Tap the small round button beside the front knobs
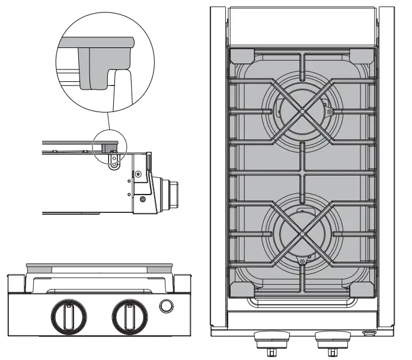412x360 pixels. click(x=167, y=306)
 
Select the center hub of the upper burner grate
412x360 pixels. click(x=302, y=110)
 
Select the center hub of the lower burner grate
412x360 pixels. click(x=302, y=234)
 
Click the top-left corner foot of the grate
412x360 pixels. click(x=240, y=56)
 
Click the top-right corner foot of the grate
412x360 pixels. click(x=363, y=56)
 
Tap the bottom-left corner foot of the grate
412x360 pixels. click(x=240, y=289)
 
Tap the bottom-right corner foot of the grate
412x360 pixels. click(x=363, y=289)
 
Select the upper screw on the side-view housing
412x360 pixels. click(x=138, y=174)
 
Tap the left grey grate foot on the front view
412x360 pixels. click(x=38, y=269)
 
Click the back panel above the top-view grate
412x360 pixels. click(x=302, y=26)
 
